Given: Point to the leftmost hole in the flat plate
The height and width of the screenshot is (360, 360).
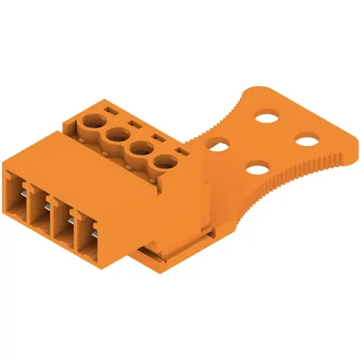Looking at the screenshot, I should tap(215, 144).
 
